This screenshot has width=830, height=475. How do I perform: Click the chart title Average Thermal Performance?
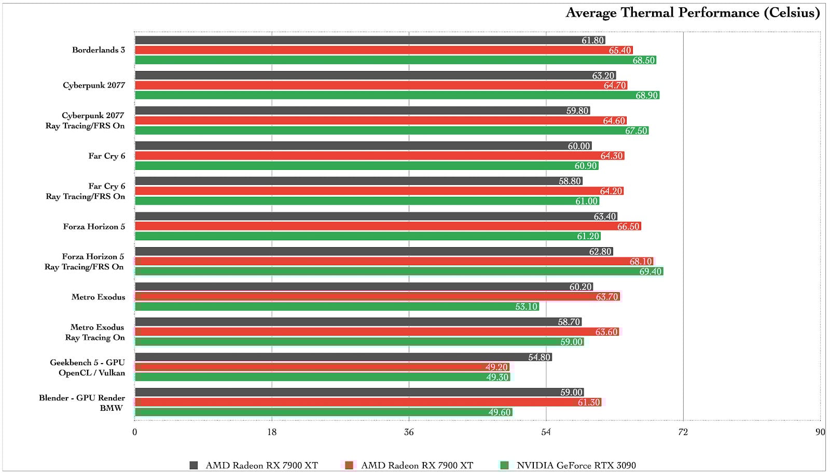pyautogui.click(x=692, y=13)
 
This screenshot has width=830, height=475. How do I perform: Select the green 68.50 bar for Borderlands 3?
pyautogui.click(x=394, y=60)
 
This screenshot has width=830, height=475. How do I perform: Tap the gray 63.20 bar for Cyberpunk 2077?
pyautogui.click(x=374, y=76)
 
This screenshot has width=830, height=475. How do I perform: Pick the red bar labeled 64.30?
pyautogui.click(x=379, y=156)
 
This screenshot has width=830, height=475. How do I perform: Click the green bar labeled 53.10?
pyautogui.click(x=337, y=307)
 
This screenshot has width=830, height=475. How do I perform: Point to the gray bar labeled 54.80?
pyautogui.click(x=342, y=357)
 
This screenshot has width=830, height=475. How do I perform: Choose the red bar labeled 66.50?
pyautogui.click(x=386, y=226)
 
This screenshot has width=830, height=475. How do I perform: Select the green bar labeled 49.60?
pyautogui.click(x=322, y=412)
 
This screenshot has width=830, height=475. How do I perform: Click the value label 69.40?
pyautogui.click(x=651, y=271)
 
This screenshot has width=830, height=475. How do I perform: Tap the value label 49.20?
pyautogui.click(x=496, y=367)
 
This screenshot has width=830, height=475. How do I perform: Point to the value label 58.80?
pyautogui.click(x=570, y=181)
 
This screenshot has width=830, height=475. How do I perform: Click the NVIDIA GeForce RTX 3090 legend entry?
pyautogui.click(x=576, y=465)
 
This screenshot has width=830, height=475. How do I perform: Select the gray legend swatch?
pyautogui.click(x=193, y=465)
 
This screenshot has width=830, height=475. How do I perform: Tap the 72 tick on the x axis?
pyautogui.click(x=683, y=432)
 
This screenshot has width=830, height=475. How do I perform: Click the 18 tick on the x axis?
pyautogui.click(x=272, y=432)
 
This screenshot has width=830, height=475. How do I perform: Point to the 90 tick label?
pyautogui.click(x=820, y=432)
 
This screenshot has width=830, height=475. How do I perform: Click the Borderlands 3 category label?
pyautogui.click(x=99, y=50)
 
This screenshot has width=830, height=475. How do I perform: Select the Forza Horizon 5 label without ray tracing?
pyautogui.click(x=94, y=226)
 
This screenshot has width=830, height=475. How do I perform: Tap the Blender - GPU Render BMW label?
pyautogui.click(x=82, y=402)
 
